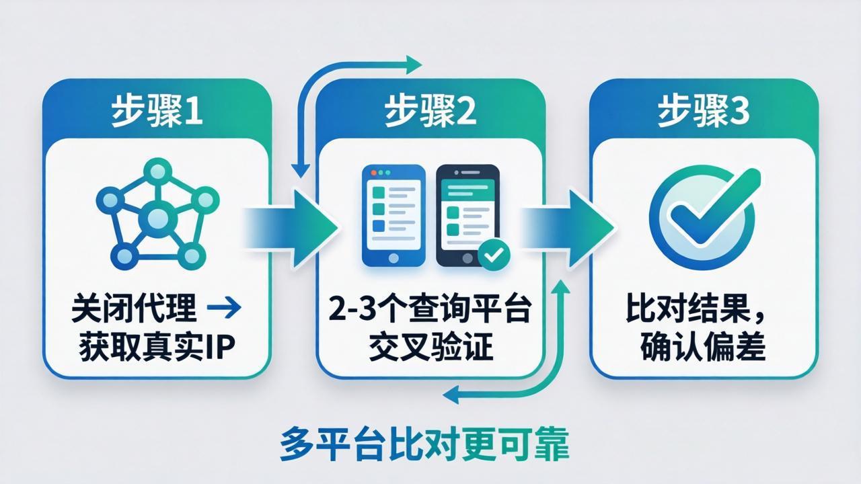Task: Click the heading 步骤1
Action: coord(156,112)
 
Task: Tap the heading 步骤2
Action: coord(430,112)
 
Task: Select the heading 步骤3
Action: coord(703,112)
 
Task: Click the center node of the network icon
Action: coord(157,217)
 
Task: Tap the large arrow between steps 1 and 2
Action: coord(296,219)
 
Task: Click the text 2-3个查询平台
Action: coord(430,311)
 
